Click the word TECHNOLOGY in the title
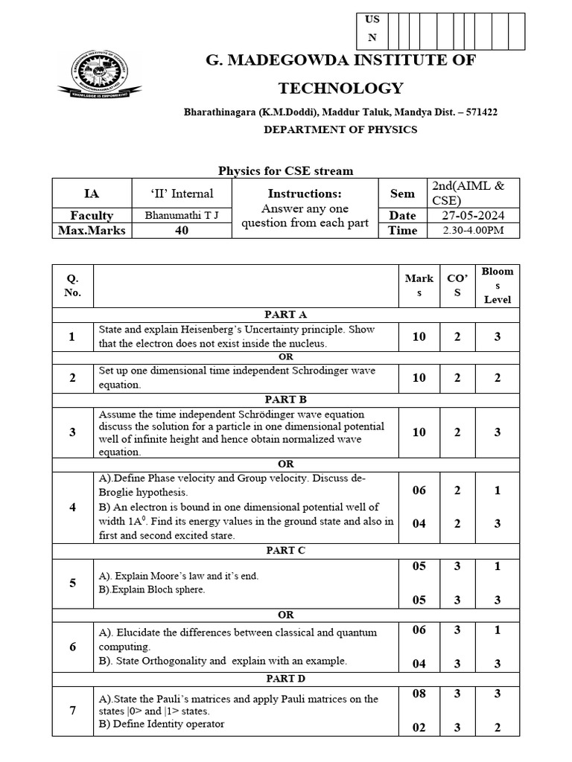coord(340,89)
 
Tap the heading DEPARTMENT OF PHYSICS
coord(340,129)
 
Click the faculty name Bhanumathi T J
coord(182,215)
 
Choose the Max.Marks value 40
coord(182,231)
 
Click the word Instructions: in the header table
coord(305,193)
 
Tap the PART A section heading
coord(285,315)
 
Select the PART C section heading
coord(285,551)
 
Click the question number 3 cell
coord(72,432)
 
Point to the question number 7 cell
coord(72,711)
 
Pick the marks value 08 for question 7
coord(419,694)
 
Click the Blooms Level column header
coord(498,285)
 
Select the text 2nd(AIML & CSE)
coord(468,193)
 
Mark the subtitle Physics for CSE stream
coord(285,171)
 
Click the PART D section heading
coord(285,679)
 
